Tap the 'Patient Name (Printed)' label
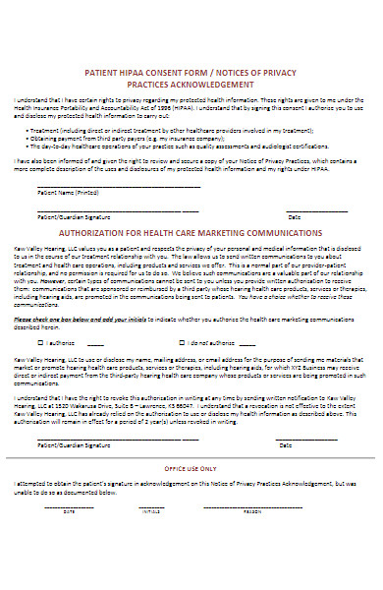click(68, 193)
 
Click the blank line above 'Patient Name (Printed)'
click(118, 187)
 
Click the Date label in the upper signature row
click(294, 215)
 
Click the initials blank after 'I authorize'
click(95, 343)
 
